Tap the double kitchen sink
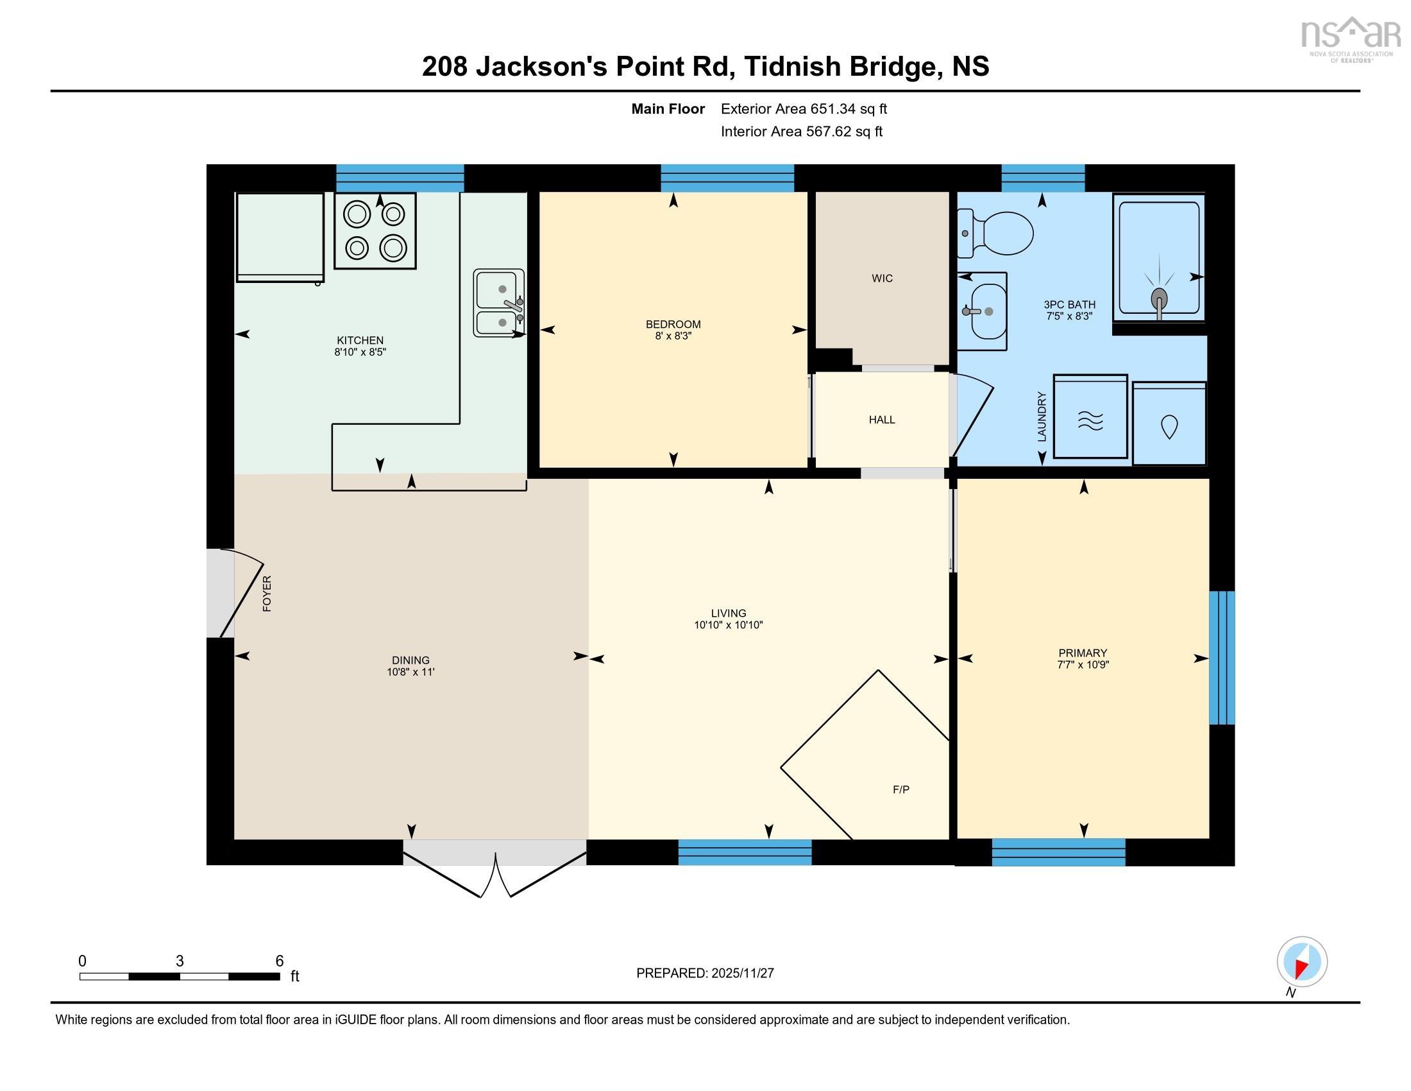(498, 303)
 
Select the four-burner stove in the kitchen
(375, 231)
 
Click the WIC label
(882, 279)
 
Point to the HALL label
(882, 420)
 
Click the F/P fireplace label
(900, 789)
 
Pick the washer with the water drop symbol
(1169, 424)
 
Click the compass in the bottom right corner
(1302, 961)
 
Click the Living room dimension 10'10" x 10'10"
(728, 625)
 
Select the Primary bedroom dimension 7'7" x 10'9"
(1083, 664)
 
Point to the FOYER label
(267, 594)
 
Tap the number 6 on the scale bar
(280, 961)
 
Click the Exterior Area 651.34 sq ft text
(804, 109)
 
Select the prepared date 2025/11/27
(741, 974)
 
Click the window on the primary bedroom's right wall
(1222, 657)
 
